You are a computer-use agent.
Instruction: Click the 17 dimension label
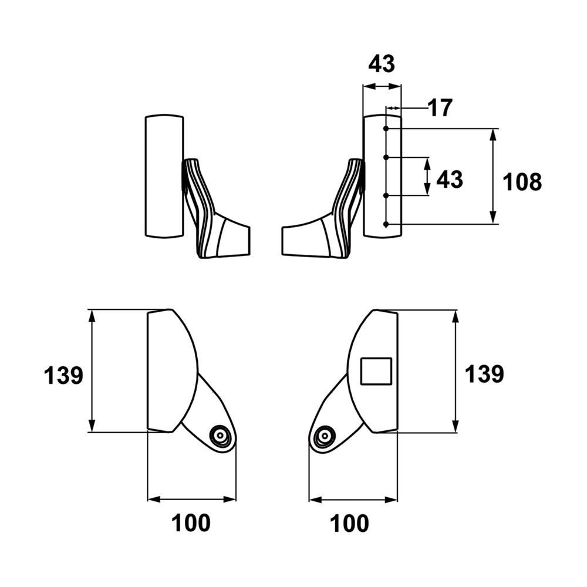(440, 108)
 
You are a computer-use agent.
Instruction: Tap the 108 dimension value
(522, 182)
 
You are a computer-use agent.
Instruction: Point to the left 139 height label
(63, 375)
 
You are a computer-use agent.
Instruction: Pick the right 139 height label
(484, 373)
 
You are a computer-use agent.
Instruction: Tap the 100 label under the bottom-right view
(349, 523)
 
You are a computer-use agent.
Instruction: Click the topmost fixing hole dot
(386, 129)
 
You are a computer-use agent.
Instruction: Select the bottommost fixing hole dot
(386, 224)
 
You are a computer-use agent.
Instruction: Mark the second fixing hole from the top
(386, 157)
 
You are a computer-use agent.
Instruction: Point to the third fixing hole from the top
(386, 195)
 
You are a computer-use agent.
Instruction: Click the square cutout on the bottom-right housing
(376, 370)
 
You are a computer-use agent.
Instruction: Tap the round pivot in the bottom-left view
(220, 435)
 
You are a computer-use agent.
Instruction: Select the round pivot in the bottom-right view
(324, 436)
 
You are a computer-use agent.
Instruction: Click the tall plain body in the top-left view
(164, 176)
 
